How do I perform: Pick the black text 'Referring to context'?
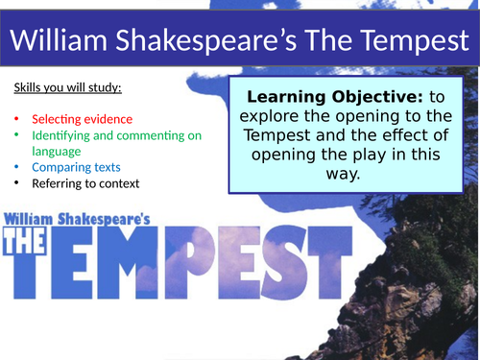tap(84, 182)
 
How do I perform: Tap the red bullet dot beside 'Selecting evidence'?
tap(17, 120)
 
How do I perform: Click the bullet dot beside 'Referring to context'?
tap(17, 182)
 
